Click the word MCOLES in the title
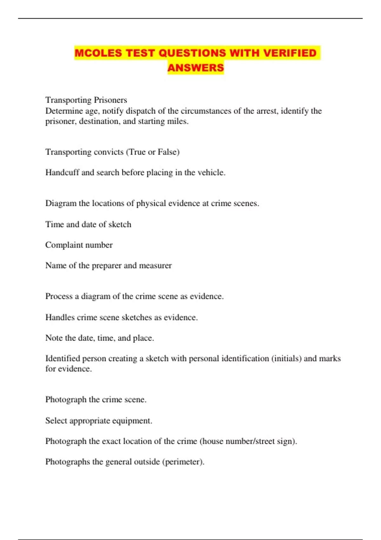[x=98, y=53]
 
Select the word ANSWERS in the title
[x=196, y=68]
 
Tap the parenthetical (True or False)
[x=153, y=152]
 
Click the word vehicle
[x=211, y=172]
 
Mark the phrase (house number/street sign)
[x=248, y=441]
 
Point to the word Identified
[x=63, y=359]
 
